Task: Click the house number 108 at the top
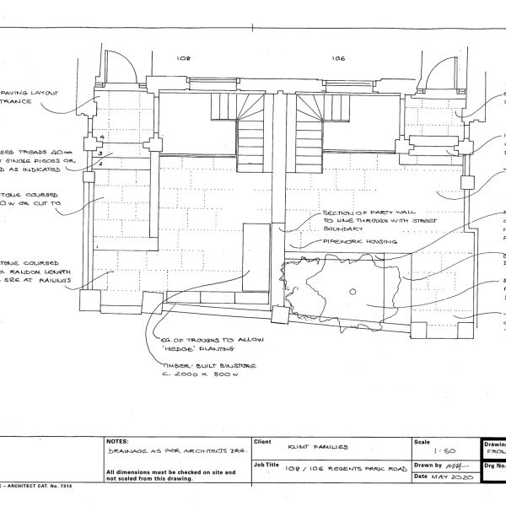[x=183, y=58]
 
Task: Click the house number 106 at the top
[x=337, y=58]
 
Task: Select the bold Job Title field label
[x=266, y=465]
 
